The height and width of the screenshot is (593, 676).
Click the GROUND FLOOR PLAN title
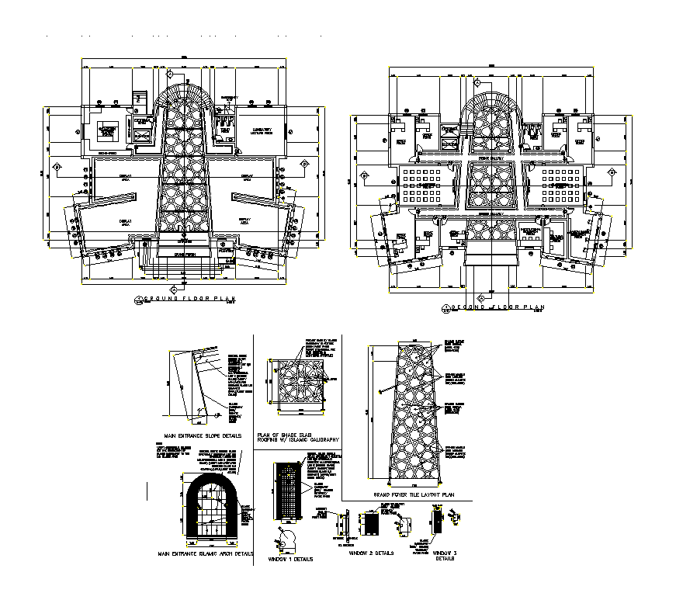187,299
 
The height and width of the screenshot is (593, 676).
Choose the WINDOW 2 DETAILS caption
370,553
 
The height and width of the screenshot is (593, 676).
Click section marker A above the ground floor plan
169,74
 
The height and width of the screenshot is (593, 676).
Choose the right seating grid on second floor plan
556,186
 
